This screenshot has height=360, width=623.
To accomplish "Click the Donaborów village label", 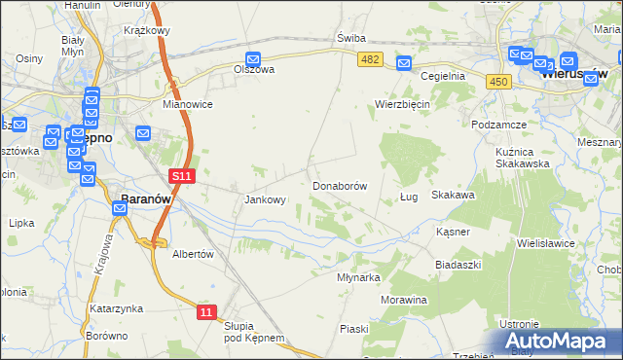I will tap(339, 185).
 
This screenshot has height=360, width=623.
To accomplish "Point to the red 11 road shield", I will tap(206, 311).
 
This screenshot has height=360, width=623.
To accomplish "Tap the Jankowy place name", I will tap(264, 200).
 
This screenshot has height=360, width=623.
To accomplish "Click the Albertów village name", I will tap(192, 253).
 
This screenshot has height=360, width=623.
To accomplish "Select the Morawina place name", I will tap(404, 300).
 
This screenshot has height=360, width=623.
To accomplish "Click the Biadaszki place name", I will tap(458, 265).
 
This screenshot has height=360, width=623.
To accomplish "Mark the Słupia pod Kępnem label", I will tap(253, 332).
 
